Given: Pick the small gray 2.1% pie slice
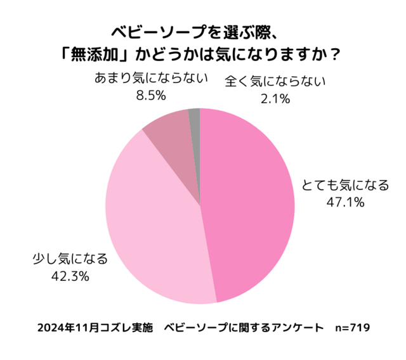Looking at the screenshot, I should (x=195, y=115).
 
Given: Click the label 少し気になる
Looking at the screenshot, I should (x=70, y=259).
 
